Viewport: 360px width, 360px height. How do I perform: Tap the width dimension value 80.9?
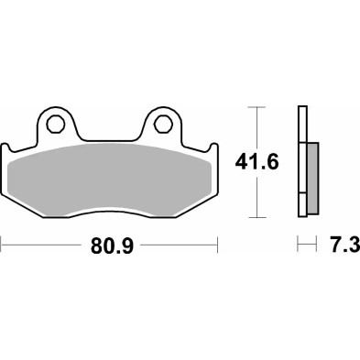tap(109, 245)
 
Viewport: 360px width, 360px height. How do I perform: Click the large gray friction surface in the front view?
tap(110, 179)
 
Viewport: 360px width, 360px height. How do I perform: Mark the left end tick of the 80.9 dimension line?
tap(3, 245)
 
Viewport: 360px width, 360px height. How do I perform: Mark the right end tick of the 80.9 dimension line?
tap(217, 245)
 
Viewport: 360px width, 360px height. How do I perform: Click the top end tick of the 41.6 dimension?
tap(256, 107)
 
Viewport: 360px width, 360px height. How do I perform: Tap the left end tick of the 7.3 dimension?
tap(298, 245)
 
